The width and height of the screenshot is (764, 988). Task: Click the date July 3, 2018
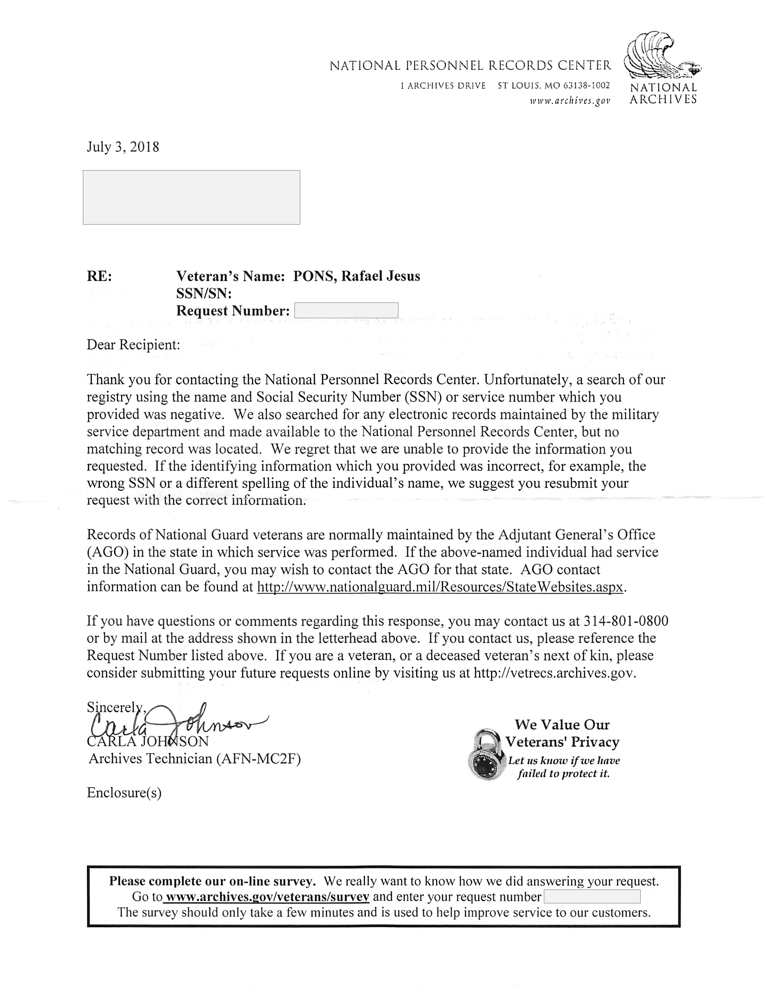tap(122, 147)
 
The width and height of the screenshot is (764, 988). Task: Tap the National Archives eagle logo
tap(661, 57)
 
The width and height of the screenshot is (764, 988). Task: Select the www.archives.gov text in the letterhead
tap(570, 101)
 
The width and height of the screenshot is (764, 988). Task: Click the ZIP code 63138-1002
tap(586, 86)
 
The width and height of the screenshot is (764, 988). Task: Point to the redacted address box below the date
tap(191, 197)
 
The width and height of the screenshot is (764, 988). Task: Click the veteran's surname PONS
tap(315, 276)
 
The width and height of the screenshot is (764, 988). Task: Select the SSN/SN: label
tap(203, 293)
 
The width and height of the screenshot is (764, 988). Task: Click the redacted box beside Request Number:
tap(346, 311)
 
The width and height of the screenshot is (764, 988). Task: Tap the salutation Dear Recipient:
tap(133, 345)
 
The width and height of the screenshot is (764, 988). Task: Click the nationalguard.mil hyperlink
tap(440, 587)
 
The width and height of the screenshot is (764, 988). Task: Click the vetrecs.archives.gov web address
tap(555, 672)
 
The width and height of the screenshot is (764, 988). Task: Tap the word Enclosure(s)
tap(124, 793)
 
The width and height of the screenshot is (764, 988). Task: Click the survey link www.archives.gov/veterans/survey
tap(267, 897)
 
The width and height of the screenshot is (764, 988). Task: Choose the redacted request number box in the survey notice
tap(592, 897)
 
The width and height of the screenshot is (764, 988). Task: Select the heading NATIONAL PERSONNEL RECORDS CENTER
tap(470, 66)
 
